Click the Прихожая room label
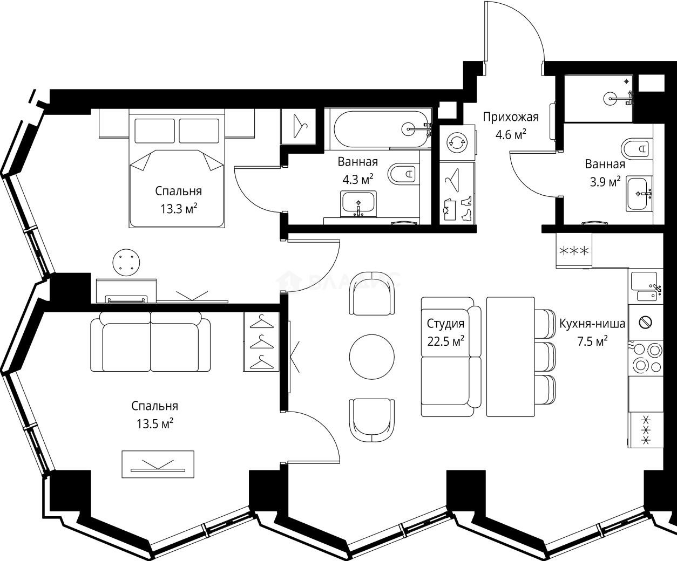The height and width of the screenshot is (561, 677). pos(510,117)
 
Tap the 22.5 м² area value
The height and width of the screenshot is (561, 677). pos(445,341)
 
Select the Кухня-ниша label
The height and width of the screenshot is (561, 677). pos(592,324)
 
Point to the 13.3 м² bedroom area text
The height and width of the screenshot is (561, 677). pos(178,208)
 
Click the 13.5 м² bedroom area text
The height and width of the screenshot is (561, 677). pos(154,423)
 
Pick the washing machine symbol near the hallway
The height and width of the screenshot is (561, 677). pos(457,142)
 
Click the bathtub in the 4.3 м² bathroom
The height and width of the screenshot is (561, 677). pos(382,128)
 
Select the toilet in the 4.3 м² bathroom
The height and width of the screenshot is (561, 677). pos(403,174)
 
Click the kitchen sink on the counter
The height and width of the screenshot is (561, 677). pos(644,286)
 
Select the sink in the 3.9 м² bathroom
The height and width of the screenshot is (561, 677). pos(639,193)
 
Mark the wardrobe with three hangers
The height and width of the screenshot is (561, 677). pos(261,341)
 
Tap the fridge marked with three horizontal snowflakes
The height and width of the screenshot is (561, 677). pos(574,250)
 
